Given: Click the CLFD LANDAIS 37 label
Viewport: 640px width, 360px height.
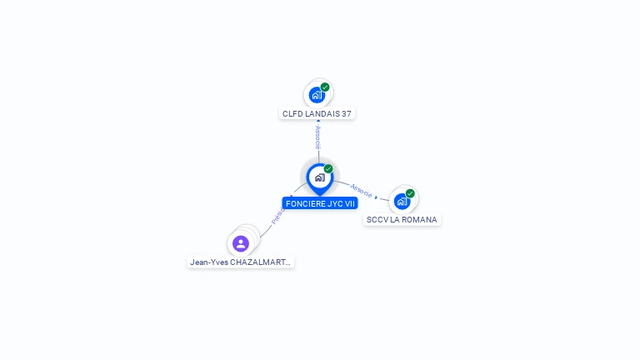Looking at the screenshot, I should pyautogui.click(x=317, y=113).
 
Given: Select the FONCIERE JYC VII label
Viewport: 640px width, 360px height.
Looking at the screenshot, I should pyautogui.click(x=320, y=203).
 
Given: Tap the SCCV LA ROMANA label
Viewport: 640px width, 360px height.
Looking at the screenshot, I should pyautogui.click(x=402, y=220).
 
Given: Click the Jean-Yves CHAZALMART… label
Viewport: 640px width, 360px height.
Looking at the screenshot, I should pyautogui.click(x=241, y=262).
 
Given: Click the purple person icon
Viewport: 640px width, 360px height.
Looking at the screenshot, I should pyautogui.click(x=241, y=243).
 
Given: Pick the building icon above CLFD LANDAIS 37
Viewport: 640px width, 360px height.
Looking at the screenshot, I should pyautogui.click(x=316, y=94).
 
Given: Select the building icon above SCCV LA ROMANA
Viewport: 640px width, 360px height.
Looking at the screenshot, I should pyautogui.click(x=402, y=201).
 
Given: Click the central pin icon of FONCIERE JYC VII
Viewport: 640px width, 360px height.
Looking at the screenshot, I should pyautogui.click(x=319, y=177).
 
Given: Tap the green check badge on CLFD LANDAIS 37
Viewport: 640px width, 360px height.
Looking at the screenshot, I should pyautogui.click(x=325, y=87).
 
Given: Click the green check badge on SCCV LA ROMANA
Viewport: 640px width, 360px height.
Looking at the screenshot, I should pyautogui.click(x=410, y=193).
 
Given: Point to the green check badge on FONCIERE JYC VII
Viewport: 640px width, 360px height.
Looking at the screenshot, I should pyautogui.click(x=328, y=169).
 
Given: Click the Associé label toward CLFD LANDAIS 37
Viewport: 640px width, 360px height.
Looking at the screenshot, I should pyautogui.click(x=318, y=137).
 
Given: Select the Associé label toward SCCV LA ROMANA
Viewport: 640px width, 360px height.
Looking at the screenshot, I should pyautogui.click(x=362, y=190).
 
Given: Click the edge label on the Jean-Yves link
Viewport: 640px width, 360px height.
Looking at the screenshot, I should pyautogui.click(x=277, y=216).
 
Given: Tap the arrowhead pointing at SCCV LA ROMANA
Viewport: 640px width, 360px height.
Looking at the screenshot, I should pyautogui.click(x=376, y=197).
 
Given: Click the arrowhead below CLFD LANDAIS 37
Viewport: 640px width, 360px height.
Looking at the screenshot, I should pyautogui.click(x=318, y=122).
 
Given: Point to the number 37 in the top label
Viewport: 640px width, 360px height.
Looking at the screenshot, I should pyautogui.click(x=347, y=113).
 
